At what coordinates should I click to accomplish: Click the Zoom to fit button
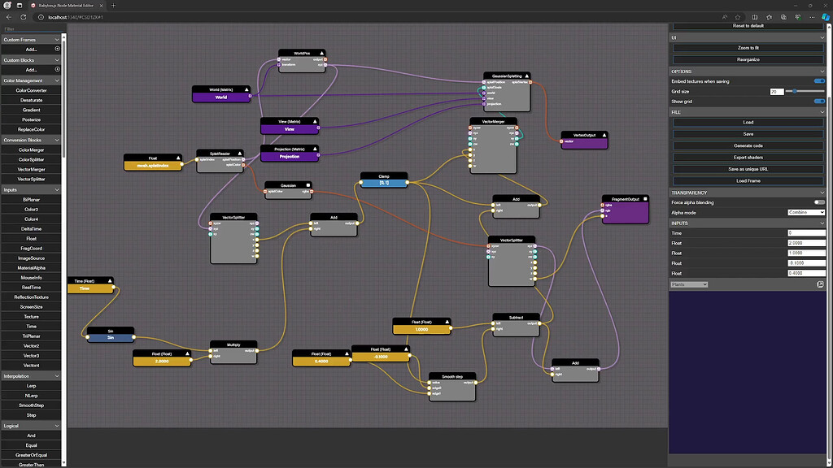coord(748,48)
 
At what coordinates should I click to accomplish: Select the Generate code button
coord(748,145)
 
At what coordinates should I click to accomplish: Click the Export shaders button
coord(748,157)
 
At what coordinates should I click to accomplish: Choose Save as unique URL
coord(748,168)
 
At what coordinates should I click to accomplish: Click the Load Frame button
coord(748,180)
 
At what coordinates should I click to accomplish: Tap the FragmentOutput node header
coord(625,198)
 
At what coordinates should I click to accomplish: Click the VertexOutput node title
coord(584,135)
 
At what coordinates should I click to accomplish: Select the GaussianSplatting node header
coord(507,75)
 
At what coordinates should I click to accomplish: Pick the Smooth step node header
coord(452,376)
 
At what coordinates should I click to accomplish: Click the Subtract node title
coord(516,317)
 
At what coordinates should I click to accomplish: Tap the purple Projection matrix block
coord(290,157)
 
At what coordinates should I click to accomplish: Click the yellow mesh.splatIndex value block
coord(152,166)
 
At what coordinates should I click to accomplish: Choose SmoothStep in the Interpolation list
coord(31,405)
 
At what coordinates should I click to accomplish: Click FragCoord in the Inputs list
coord(31,249)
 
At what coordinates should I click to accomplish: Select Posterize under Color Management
coord(31,119)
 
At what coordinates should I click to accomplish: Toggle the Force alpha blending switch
coord(819,201)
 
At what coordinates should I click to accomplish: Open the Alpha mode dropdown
coord(806,212)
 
